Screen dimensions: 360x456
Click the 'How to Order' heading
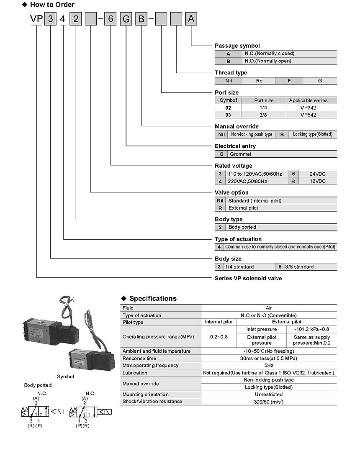point(52,5)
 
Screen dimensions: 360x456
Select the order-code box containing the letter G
point(126,19)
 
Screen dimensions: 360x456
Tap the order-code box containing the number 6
point(110,19)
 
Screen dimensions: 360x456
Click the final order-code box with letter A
point(191,18)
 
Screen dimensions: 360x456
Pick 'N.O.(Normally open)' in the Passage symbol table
point(268,61)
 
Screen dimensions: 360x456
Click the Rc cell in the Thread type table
point(259,81)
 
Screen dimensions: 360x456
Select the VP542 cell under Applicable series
point(308,115)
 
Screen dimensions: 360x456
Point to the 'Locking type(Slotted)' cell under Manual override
point(313,134)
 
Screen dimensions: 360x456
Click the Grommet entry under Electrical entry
point(241,154)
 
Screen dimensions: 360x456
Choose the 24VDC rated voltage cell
point(317,174)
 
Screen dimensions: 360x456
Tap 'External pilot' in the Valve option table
point(243,208)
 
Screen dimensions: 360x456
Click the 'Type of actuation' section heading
point(238,239)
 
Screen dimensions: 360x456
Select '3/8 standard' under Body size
point(299,266)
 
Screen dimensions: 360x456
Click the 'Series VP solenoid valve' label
point(248,278)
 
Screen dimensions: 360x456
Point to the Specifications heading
point(153,298)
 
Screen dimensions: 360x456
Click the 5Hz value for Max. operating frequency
point(269,366)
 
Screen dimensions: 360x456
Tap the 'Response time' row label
point(139,359)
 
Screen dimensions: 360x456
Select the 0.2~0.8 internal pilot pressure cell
point(219,337)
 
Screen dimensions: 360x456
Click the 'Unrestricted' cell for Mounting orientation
point(269,395)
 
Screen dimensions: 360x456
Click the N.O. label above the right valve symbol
point(90,394)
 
